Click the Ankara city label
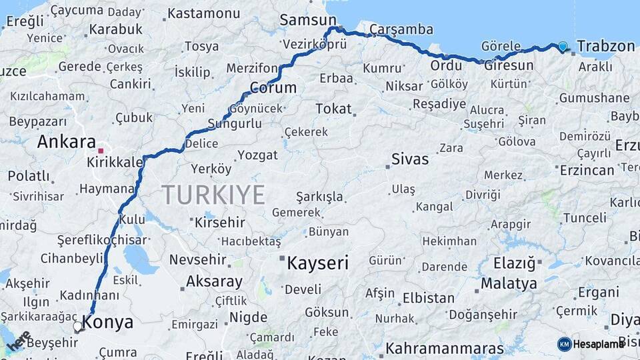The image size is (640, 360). coord(67,141)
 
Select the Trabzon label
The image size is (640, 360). coord(605,46)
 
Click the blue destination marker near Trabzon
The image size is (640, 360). coord(563,46)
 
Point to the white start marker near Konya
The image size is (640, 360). coord(79,327)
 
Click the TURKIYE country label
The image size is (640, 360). coord(213,195)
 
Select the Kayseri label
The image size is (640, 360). coord(317,263)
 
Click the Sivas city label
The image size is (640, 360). coord(411,159)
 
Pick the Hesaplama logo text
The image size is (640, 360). coord(599,344)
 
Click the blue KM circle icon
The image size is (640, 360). coord(564,344)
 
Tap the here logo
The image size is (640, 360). coord(19,341)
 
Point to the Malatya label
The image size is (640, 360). coord(509,283)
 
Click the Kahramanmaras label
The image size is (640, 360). coord(445,348)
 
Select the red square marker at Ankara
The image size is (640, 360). coord(101,151)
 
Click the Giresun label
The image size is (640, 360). coord(509,65)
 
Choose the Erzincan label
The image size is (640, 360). coord(587,170)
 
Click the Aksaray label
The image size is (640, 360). coord(213,281)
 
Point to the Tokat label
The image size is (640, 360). coord(333,108)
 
